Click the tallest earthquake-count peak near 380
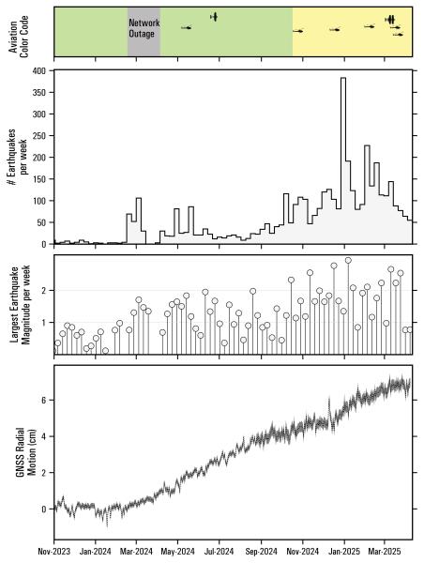(x=343, y=79)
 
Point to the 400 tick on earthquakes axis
(x=40, y=70)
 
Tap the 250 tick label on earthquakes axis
(x=40, y=135)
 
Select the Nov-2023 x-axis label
(x=54, y=553)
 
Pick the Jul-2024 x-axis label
(x=220, y=553)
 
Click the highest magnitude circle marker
(x=348, y=260)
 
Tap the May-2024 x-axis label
(x=178, y=553)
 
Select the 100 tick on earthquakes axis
(x=40, y=201)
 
